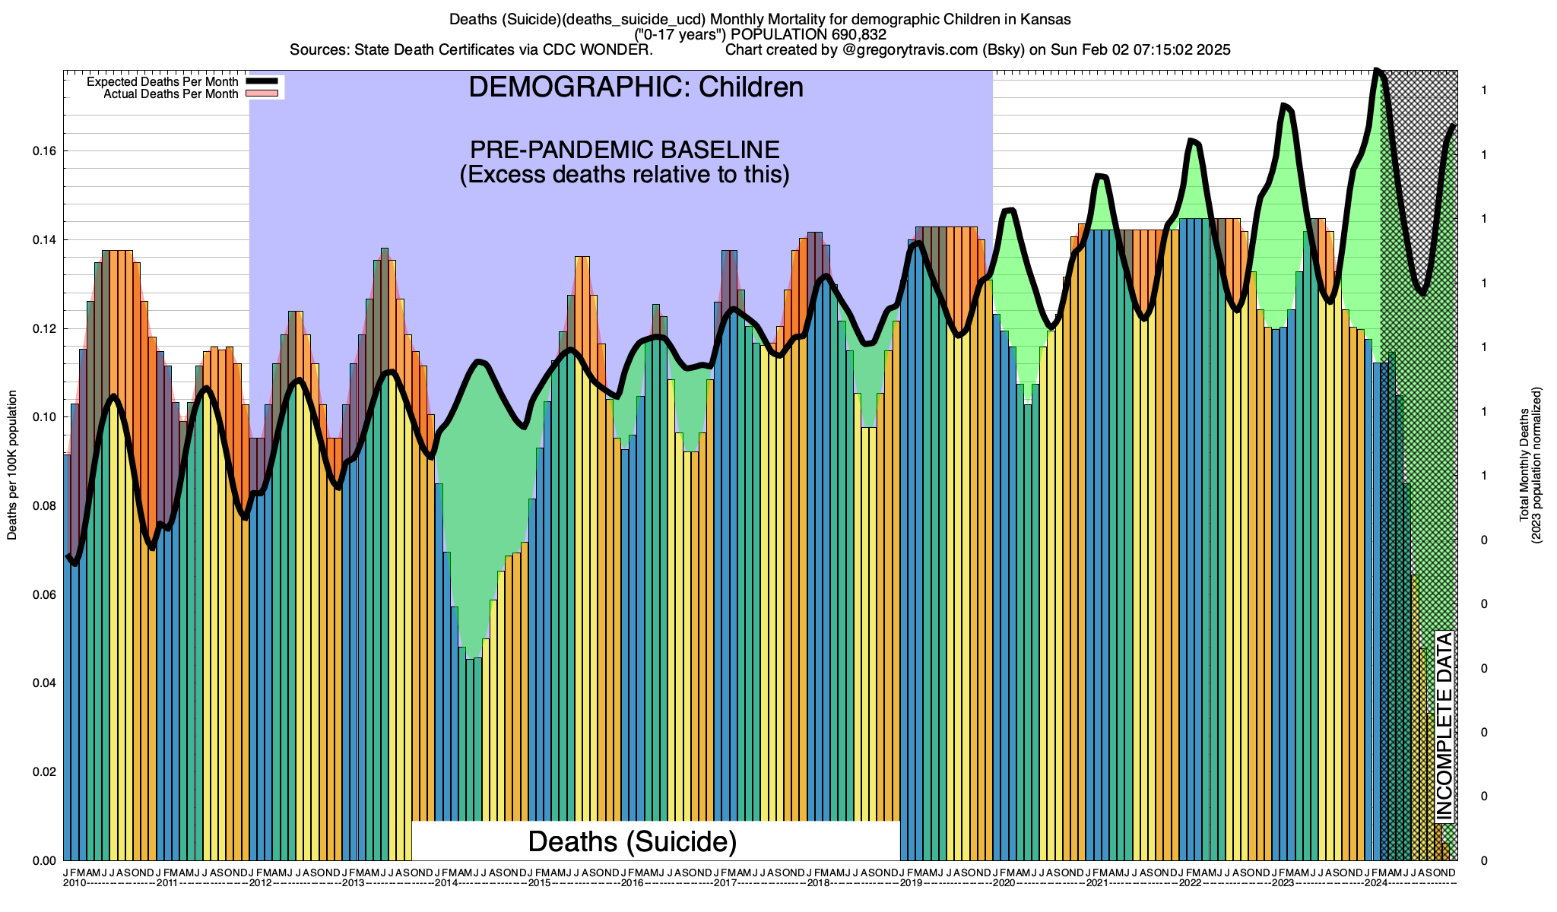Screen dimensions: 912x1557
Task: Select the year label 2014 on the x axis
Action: pos(446,883)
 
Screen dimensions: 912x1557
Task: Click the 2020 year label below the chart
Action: pos(1004,883)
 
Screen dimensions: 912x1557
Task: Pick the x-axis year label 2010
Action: pos(75,883)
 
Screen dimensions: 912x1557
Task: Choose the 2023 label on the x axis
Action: pos(1283,883)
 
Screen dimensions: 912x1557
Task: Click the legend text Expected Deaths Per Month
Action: pos(163,82)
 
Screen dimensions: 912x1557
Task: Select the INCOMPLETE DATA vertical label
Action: pos(1444,727)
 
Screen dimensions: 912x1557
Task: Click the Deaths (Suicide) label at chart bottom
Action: pos(633,841)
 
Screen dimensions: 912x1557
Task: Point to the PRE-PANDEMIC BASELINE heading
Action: pos(625,150)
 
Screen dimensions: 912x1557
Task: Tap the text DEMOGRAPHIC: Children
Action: pos(636,87)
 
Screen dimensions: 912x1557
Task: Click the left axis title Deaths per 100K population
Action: pos(12,465)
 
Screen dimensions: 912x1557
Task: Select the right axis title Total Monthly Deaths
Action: pos(1524,465)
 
